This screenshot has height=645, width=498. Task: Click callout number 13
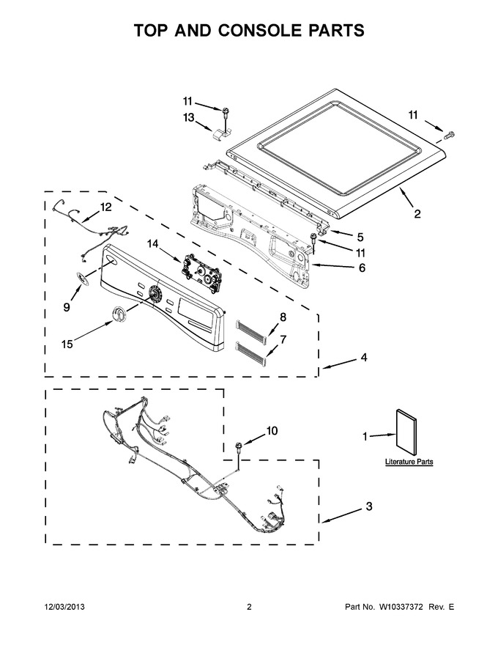coord(188,118)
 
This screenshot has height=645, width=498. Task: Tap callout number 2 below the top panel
coord(417,214)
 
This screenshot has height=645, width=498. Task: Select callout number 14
coord(152,244)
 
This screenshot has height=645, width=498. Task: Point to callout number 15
coord(67,344)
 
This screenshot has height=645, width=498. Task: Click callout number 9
coord(67,307)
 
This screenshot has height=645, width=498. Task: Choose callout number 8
coord(283,317)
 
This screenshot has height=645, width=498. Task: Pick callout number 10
coord(272,431)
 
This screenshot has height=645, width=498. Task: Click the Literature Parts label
coord(409,462)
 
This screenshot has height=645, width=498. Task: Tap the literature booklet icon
coord(406,432)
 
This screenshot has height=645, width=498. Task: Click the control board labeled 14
coord(201,273)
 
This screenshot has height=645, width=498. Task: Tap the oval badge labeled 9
coord(83,278)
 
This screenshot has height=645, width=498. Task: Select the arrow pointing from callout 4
coord(339,364)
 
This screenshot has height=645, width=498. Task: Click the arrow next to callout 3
coord(341,517)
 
